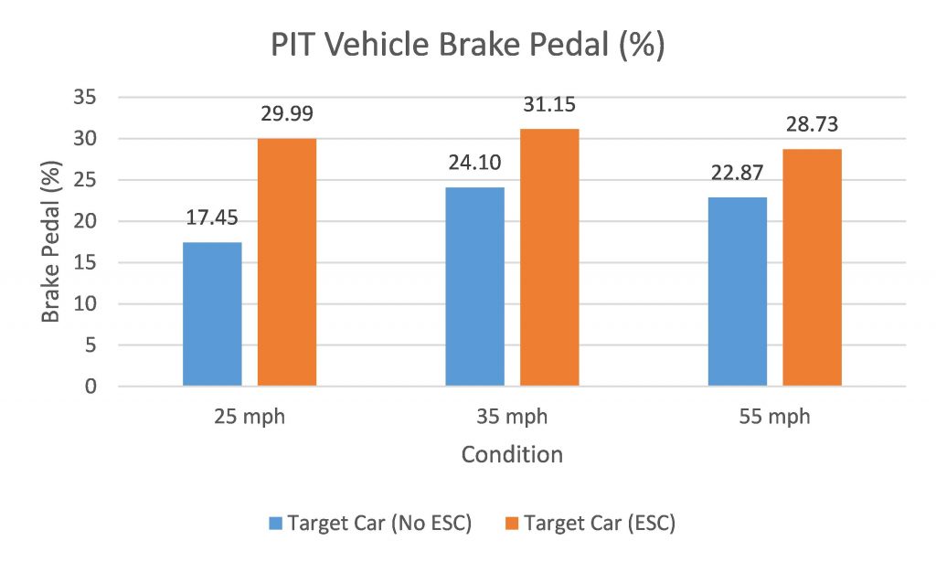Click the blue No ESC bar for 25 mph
click(212, 314)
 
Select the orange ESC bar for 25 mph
click(287, 262)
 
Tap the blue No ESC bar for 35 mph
click(474, 287)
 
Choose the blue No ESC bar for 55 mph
click(738, 292)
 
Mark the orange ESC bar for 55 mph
click(812, 268)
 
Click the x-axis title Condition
click(512, 454)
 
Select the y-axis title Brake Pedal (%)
click(52, 241)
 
